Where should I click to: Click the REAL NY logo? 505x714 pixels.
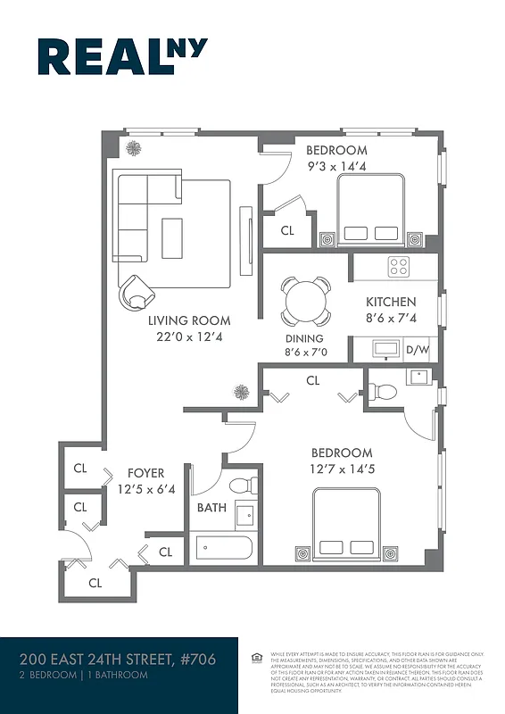pos(122,57)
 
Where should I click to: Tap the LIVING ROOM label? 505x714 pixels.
pos(188,320)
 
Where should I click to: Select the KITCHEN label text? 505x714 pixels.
pos(390,303)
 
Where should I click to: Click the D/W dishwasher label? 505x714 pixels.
pos(418,350)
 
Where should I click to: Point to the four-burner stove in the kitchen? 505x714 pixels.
pos(398,266)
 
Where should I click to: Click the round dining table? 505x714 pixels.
pos(305,301)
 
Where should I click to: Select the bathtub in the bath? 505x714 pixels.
pos(225,547)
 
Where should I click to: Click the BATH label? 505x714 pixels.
pos(211,509)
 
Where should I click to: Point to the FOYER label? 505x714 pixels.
pos(145,473)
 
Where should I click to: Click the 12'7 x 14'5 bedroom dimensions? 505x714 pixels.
pos(342,469)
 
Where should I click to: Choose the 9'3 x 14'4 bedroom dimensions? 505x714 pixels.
pos(336,166)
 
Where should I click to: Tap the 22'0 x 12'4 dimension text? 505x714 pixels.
pos(188,336)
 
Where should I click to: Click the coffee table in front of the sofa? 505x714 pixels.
pos(171,238)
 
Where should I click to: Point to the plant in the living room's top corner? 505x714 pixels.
pos(133,148)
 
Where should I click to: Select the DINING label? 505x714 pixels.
pos(304,339)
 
